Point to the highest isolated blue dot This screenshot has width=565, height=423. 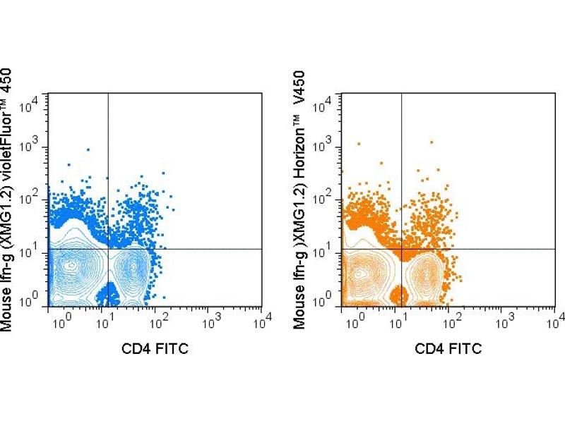coord(88,149)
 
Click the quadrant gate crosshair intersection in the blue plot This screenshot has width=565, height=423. coord(108,249)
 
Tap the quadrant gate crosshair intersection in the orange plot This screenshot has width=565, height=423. coord(401,249)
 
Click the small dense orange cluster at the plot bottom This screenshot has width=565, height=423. coord(400,294)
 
